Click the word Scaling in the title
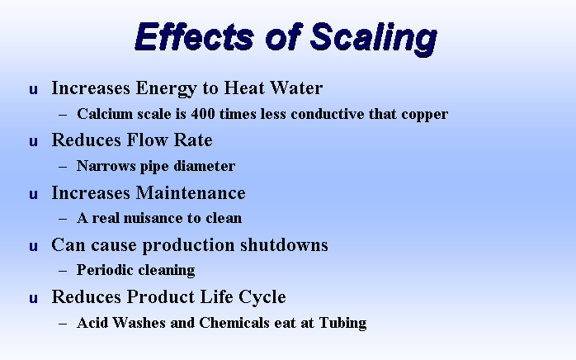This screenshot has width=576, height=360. pos(373,38)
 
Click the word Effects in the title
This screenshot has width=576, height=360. pos(194,36)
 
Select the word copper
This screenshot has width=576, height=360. pos(425,115)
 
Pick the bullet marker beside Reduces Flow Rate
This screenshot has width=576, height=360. pos(34,141)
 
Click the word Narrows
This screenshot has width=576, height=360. pos(106,166)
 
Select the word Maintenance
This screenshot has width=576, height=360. pos(191,193)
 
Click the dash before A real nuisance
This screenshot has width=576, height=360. pos(63,219)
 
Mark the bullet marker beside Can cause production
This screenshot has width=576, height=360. pos(34,246)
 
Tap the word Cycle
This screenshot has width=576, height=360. pos(262,297)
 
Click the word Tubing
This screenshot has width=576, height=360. pos(342,323)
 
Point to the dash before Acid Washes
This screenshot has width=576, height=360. pos(63,324)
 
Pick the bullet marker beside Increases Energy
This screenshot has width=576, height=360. pos(34,89)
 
